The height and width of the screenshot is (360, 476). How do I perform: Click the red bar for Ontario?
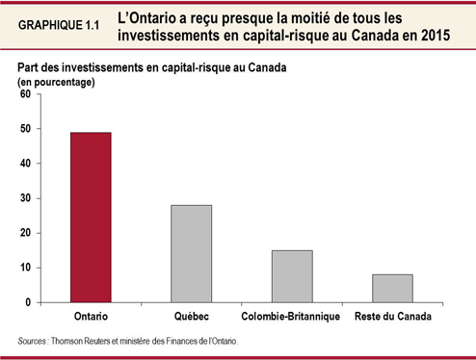[90, 218]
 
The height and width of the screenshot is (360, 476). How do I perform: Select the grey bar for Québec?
[192, 254]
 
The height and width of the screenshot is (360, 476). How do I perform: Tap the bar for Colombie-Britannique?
[291, 276]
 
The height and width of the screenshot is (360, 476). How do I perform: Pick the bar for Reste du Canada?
[392, 289]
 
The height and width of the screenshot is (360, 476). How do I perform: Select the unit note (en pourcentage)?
[55, 82]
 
